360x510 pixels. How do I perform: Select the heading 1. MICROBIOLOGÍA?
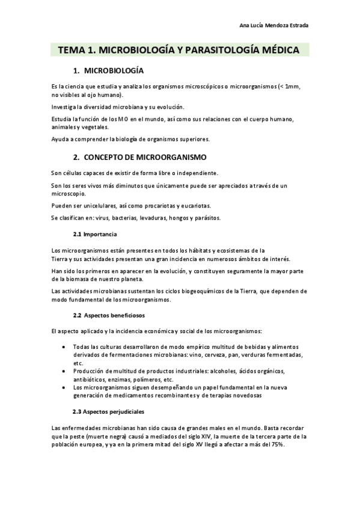[108, 70]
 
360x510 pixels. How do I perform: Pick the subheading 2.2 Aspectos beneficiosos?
[108, 315]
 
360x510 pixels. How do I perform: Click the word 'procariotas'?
[156, 206]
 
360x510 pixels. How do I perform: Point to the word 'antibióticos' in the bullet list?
[92, 380]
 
